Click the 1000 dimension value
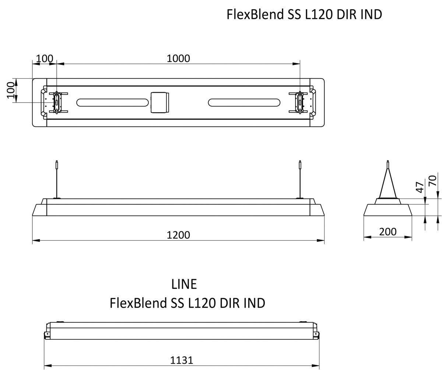point(178,58)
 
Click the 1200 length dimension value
point(178,235)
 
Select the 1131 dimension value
point(181,360)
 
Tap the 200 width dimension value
point(387,232)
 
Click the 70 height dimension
point(433,181)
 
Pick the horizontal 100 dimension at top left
point(45,58)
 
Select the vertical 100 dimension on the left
point(11,90)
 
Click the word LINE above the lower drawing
point(184,284)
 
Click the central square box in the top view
point(159,102)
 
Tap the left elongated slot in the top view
point(112,102)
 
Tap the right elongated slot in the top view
point(244,102)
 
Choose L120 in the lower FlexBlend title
point(202,303)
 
